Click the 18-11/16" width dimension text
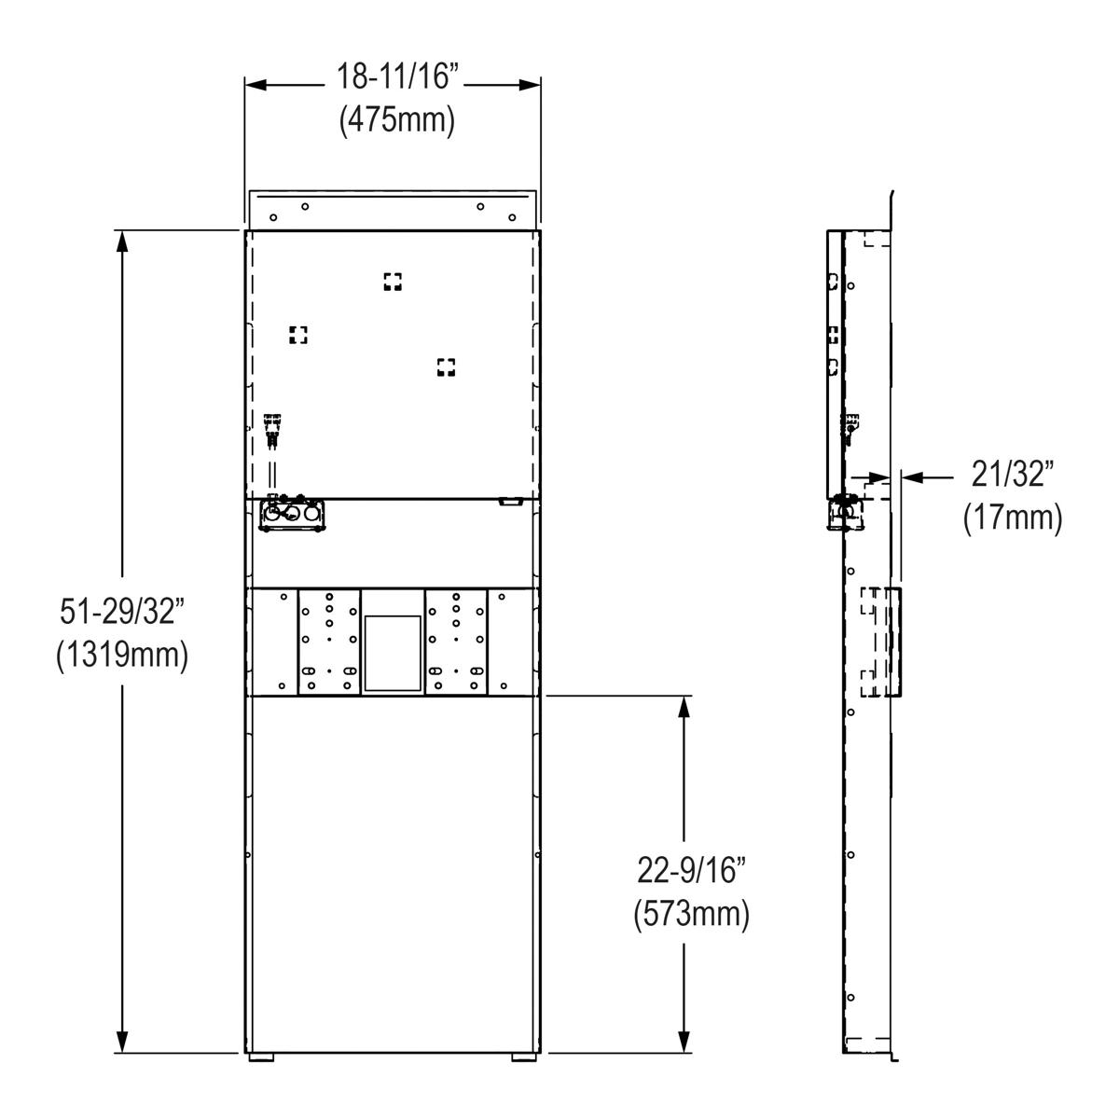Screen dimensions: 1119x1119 398,76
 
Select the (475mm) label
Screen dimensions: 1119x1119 397,121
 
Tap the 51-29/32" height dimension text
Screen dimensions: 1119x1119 122,612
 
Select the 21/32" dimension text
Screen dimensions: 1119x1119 1013,474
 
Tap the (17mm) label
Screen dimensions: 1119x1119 1013,518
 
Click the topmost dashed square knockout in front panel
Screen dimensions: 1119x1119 393,282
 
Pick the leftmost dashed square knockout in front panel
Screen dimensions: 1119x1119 297,335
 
